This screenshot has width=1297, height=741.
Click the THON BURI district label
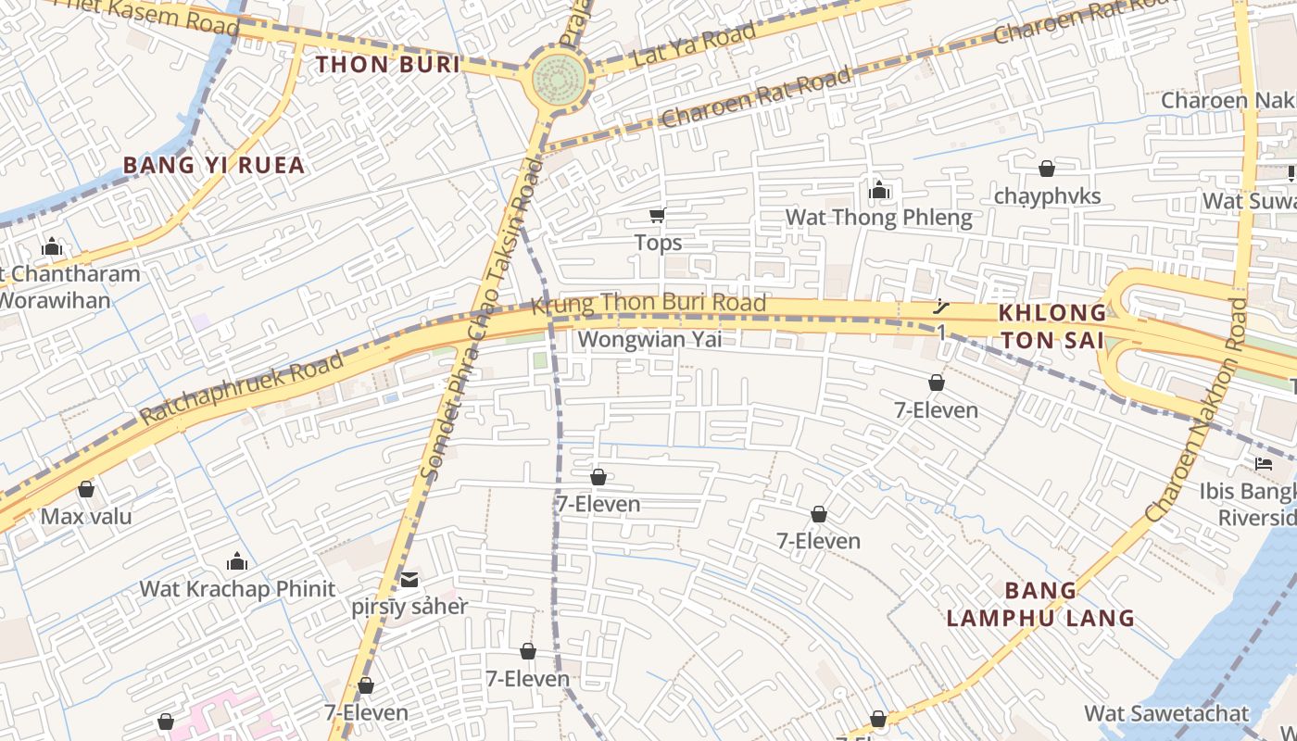point(388,65)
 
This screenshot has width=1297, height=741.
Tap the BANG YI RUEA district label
point(214,166)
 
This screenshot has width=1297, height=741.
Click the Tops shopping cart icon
point(657,216)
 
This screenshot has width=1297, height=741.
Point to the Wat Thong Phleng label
point(878,218)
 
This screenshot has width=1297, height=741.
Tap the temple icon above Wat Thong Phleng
point(879,191)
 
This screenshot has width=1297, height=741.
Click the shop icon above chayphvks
point(1046,169)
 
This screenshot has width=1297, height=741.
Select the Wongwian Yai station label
point(649,340)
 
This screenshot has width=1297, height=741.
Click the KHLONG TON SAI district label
point(1052,326)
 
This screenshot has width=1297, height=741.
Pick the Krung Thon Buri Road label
point(648,303)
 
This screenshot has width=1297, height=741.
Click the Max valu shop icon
point(86,489)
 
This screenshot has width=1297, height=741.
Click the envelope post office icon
point(409,581)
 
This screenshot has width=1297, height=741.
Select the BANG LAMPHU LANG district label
point(1041,604)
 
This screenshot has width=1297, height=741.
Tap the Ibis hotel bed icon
point(1264,463)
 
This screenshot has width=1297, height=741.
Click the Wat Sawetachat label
point(1166,714)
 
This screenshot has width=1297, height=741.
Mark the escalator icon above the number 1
point(941,307)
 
